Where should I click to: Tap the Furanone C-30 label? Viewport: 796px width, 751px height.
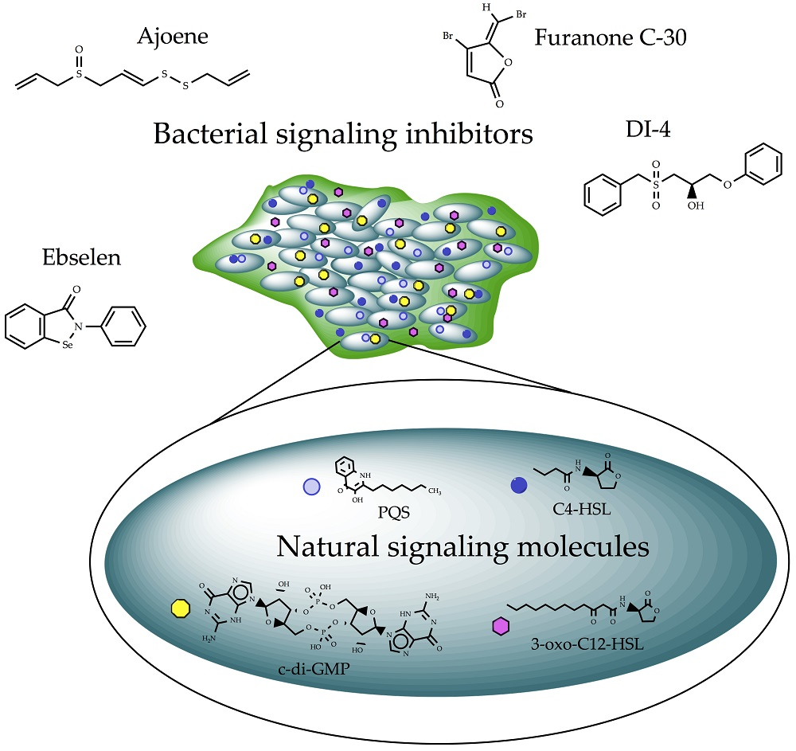(601, 37)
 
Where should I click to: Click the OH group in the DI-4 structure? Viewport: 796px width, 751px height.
(696, 205)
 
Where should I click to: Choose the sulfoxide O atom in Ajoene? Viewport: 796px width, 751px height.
(78, 49)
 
